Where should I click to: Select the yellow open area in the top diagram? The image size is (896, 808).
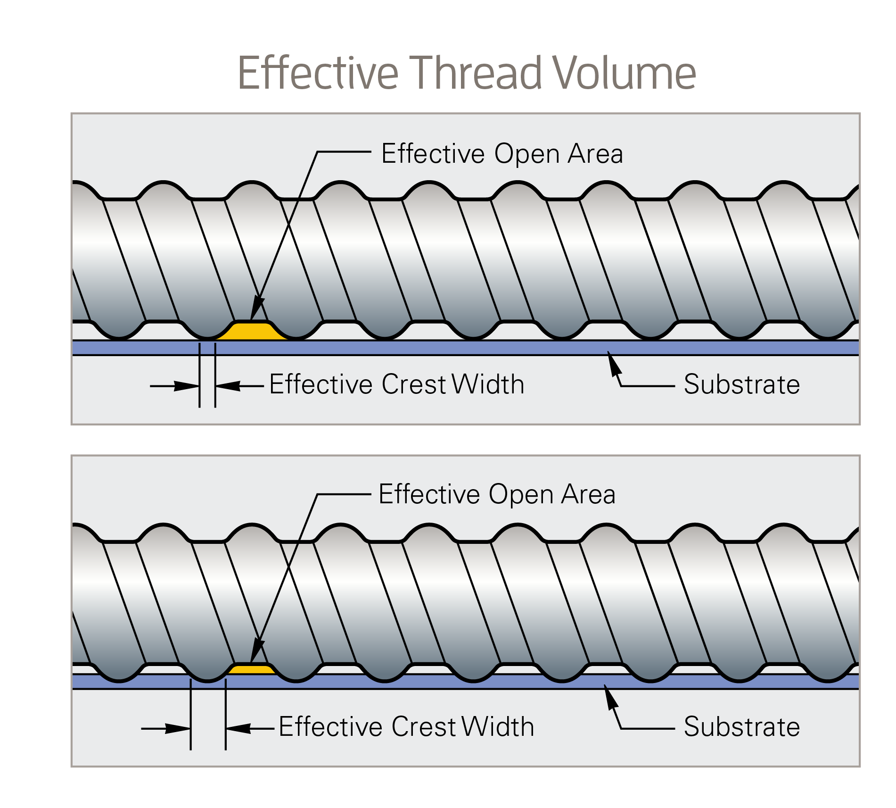click(x=252, y=331)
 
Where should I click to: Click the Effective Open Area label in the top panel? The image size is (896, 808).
click(x=502, y=154)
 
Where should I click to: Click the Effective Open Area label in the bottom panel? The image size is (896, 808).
click(x=497, y=495)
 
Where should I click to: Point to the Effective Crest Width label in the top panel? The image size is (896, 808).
click(x=397, y=384)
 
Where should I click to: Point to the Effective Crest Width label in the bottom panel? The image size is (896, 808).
click(x=407, y=726)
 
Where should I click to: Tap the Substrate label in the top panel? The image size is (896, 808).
click(x=742, y=384)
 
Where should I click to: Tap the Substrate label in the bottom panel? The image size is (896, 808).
click(x=742, y=727)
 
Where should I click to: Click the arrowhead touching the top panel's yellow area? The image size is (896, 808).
click(x=257, y=308)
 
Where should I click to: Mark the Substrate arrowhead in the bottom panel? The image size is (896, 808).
click(x=611, y=697)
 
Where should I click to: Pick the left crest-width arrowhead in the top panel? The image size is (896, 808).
click(x=187, y=386)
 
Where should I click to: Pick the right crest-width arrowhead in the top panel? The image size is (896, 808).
click(x=228, y=386)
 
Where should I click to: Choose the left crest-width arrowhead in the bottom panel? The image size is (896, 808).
click(x=178, y=729)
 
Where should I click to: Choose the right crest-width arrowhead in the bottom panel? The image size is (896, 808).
click(x=239, y=729)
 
